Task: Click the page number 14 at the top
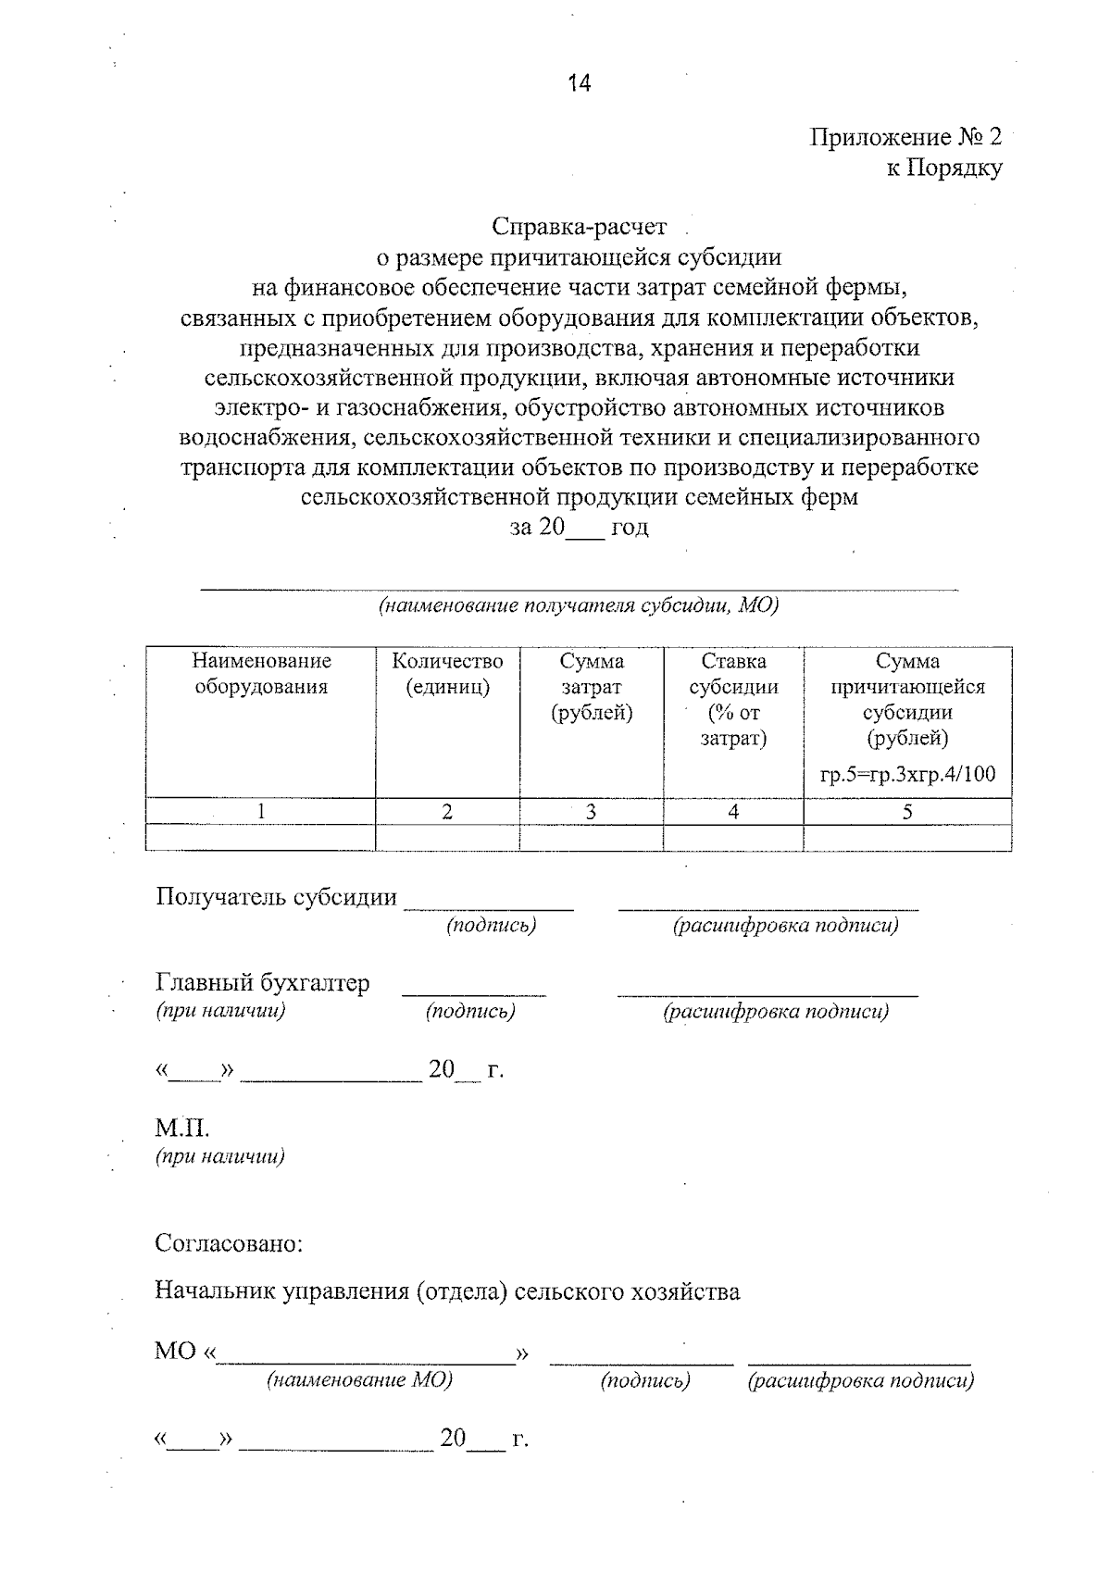click(x=579, y=83)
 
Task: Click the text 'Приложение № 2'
click(x=905, y=138)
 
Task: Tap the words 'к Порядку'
click(x=943, y=168)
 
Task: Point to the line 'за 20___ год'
click(x=580, y=528)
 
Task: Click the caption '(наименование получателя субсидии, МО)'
click(x=579, y=606)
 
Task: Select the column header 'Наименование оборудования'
click(x=261, y=674)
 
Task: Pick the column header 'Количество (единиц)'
click(x=447, y=674)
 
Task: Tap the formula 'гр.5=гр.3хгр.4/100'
click(x=907, y=775)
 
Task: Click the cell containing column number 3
click(x=591, y=812)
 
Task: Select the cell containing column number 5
click(x=907, y=812)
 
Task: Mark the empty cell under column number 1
click(x=261, y=837)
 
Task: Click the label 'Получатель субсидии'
click(x=276, y=897)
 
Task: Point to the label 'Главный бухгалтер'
click(x=262, y=983)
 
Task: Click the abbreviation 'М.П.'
click(x=182, y=1129)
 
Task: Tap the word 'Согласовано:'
click(x=229, y=1242)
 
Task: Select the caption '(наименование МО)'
click(x=359, y=1380)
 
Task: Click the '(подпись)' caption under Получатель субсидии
click(x=491, y=925)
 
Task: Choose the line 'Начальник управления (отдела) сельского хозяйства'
click(x=447, y=1291)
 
